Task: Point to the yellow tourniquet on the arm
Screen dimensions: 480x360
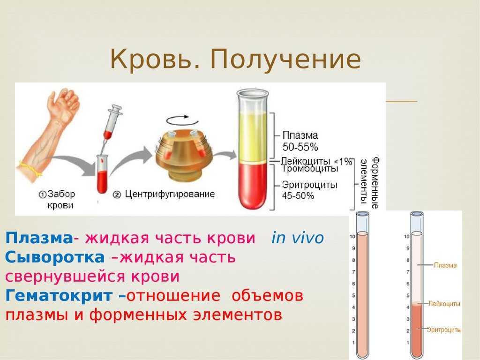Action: [x=30, y=169]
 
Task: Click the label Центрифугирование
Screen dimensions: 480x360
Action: [x=170, y=194]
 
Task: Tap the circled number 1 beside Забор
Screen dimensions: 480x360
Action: [x=43, y=195]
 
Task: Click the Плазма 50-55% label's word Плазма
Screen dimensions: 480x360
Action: [x=300, y=135]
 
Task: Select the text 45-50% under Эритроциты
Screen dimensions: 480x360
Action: [x=298, y=196]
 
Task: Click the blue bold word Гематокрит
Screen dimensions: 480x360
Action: [x=59, y=296]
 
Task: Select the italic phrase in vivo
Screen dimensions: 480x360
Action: [x=297, y=238]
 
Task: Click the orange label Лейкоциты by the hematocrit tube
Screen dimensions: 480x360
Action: [x=444, y=304]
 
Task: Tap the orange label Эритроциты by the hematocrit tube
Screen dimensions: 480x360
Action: [x=444, y=330]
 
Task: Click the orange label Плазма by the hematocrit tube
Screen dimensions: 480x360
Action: [x=445, y=265]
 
